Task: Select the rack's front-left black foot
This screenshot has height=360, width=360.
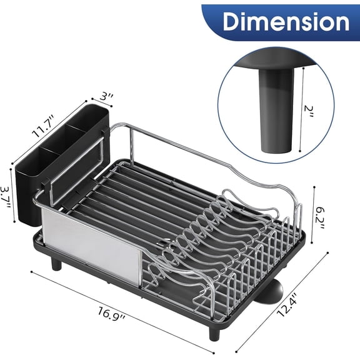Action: [57, 264]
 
